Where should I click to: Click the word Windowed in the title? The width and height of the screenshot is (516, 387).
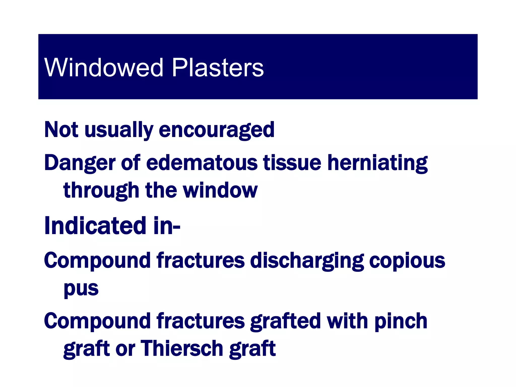(104, 68)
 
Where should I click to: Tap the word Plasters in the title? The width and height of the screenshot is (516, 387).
(218, 68)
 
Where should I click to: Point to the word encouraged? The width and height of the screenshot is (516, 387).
(217, 130)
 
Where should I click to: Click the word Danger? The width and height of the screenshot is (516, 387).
(80, 163)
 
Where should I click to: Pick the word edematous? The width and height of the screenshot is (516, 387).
(202, 163)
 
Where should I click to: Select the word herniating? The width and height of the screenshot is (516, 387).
(377, 163)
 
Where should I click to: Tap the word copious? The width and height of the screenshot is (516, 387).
(407, 261)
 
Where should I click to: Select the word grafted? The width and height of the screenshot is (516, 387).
(285, 321)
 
